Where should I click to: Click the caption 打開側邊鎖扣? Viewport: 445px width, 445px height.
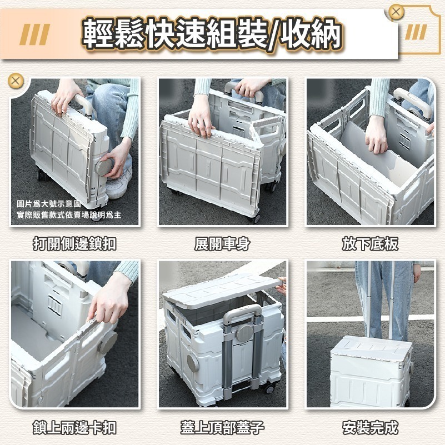(x=74, y=243)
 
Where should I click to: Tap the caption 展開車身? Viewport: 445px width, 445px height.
(x=222, y=243)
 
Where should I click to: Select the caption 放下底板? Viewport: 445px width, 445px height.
(x=370, y=243)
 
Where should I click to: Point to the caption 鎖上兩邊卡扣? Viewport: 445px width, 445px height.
(x=74, y=427)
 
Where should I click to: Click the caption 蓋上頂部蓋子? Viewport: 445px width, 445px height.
(x=222, y=427)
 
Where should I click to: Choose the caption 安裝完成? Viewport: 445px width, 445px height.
(x=370, y=427)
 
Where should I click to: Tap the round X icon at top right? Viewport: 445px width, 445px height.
(x=396, y=12)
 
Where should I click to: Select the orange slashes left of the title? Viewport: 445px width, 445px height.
(x=34, y=35)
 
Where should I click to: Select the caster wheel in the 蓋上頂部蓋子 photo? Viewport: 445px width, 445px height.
(x=270, y=388)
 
